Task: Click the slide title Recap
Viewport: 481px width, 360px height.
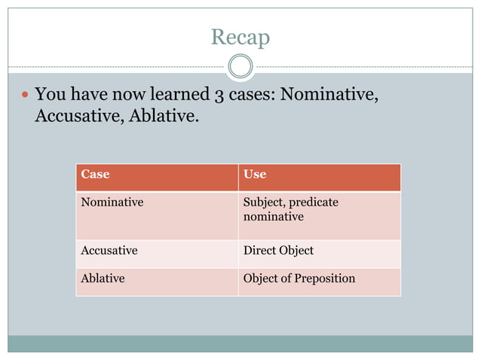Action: coord(240,36)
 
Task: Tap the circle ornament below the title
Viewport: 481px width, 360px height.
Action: coord(240,66)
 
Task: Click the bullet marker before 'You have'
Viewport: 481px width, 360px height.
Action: coord(26,96)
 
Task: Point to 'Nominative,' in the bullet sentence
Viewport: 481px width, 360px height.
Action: coord(329,95)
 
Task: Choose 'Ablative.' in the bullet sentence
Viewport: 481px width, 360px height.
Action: coord(163,117)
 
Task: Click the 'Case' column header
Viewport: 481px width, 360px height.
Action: coord(95,174)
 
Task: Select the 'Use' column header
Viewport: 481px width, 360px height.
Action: coord(255,174)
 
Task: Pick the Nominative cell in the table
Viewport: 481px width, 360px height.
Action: coord(112,202)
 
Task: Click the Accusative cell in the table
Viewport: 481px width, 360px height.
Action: coord(109,250)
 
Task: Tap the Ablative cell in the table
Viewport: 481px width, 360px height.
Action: coord(103,278)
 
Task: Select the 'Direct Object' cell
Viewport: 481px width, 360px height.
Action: coord(278,250)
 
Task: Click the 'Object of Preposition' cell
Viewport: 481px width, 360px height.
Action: coord(299,278)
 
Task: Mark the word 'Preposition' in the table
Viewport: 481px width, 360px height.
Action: coord(323,278)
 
